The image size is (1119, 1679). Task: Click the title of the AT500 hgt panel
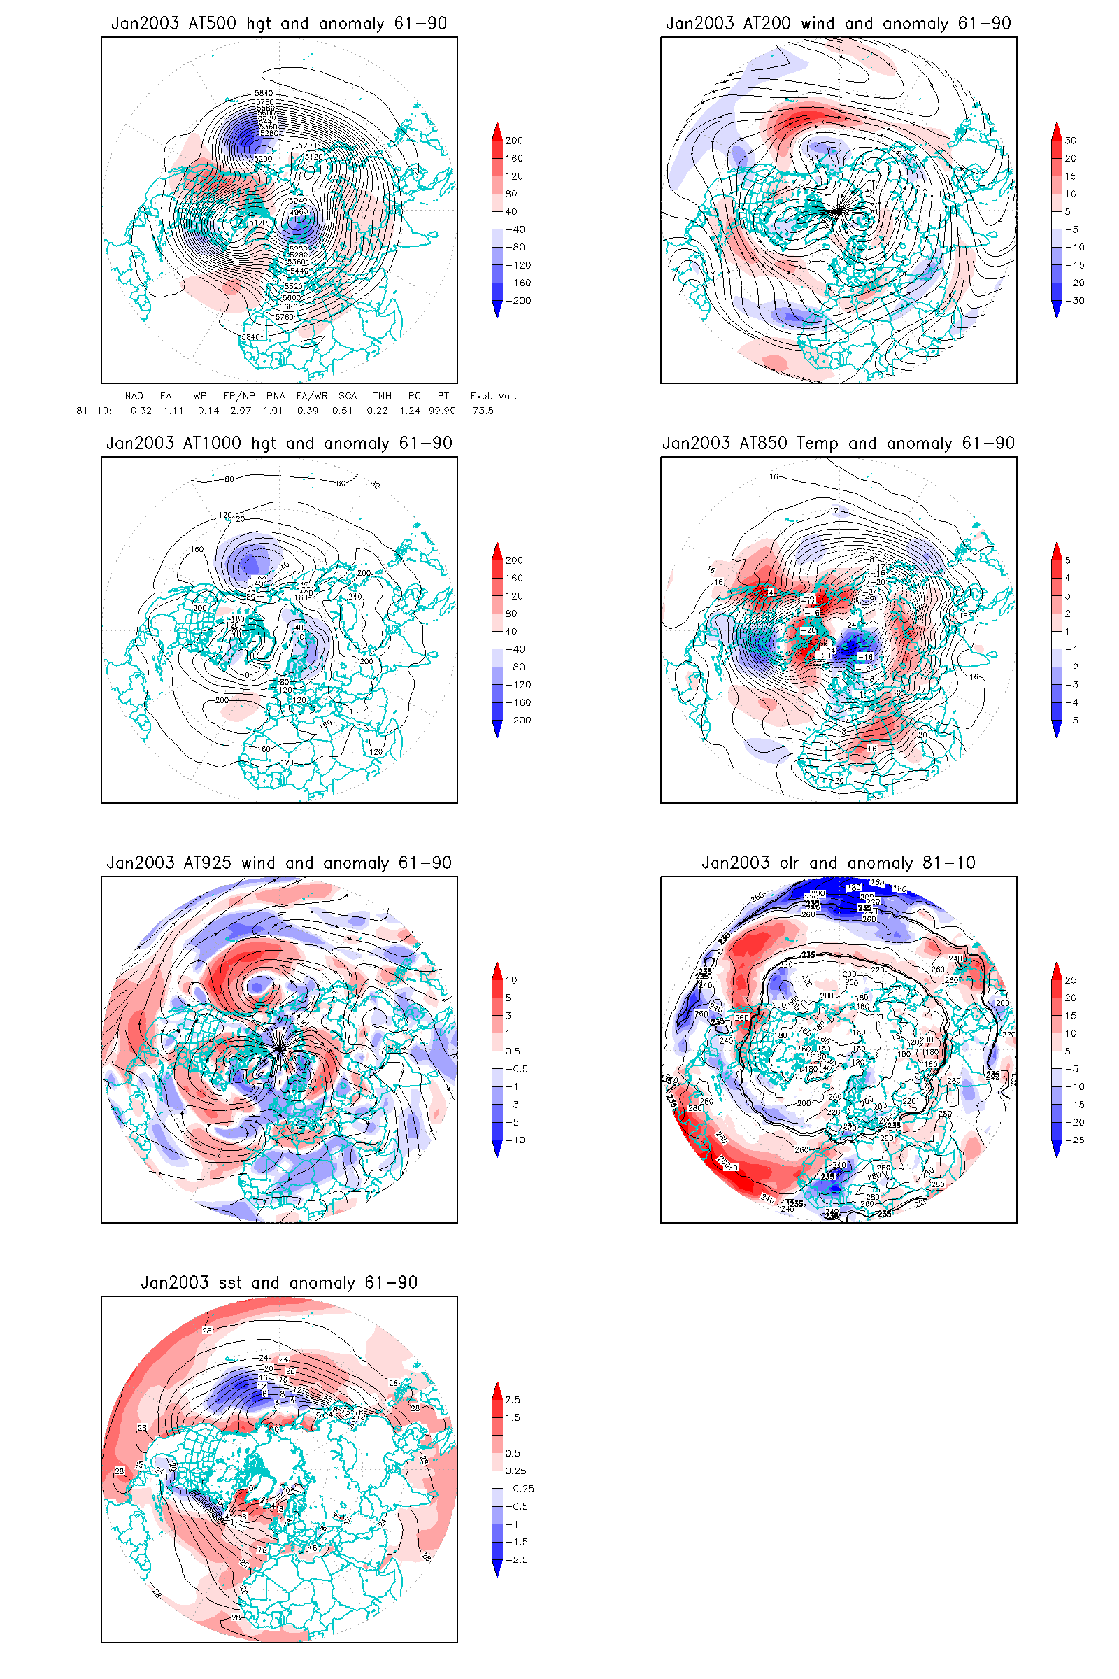click(279, 24)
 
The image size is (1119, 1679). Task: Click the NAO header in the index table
click(134, 396)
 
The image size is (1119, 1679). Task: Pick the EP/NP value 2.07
click(241, 411)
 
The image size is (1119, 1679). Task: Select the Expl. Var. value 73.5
click(483, 411)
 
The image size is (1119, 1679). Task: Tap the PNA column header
click(276, 396)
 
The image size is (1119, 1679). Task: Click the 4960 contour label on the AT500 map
click(299, 211)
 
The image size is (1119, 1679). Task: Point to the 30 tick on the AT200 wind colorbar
click(1071, 141)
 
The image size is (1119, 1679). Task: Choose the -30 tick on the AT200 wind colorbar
click(1075, 301)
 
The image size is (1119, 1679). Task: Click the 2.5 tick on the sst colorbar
click(513, 1400)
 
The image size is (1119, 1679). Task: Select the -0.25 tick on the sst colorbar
click(520, 1489)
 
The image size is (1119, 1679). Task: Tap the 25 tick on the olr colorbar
click(1071, 980)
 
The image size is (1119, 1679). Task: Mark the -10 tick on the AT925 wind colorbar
click(515, 1140)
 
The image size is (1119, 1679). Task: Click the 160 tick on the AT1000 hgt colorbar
click(514, 579)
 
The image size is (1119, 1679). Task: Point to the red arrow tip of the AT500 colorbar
click(497, 127)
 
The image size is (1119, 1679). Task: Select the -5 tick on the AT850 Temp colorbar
click(1072, 721)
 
